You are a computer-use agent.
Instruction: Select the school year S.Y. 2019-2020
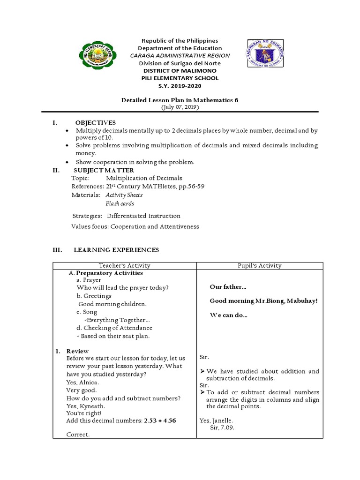180,86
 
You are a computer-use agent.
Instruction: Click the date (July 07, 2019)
180,107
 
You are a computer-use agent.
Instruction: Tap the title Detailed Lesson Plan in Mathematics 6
180,100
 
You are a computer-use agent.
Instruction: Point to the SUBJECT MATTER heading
104,170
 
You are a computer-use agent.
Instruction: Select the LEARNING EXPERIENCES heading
116,250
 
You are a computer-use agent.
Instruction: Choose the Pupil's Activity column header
260,265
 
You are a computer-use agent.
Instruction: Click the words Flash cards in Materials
120,204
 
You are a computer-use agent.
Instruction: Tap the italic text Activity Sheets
124,195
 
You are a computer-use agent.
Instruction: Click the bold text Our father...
228,287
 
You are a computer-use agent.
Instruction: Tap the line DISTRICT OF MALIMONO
180,71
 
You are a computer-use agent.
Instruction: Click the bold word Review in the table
77,351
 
